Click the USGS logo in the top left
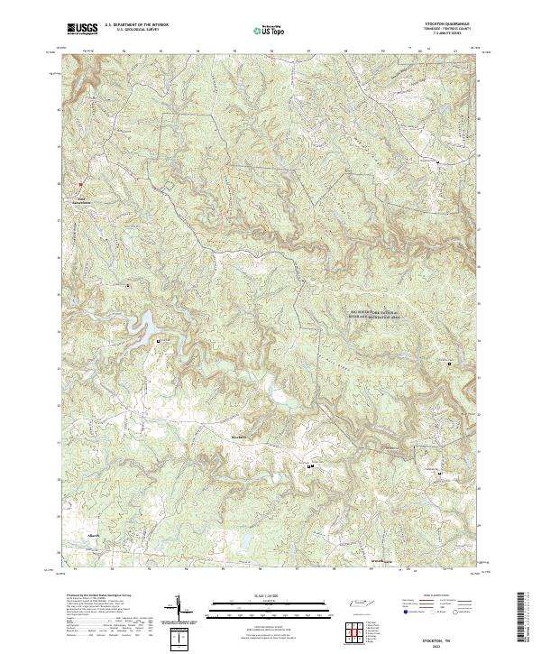pyautogui.click(x=82, y=29)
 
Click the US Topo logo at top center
pyautogui.click(x=270, y=30)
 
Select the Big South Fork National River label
pyautogui.click(x=373, y=315)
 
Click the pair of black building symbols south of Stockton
pyautogui.click(x=311, y=466)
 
